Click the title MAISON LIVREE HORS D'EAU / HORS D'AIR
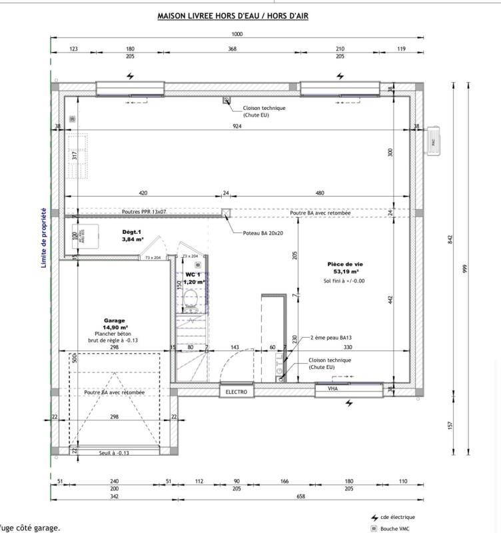233,15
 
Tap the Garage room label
115,320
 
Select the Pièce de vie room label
344,264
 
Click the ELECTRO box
237,392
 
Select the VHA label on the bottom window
333,389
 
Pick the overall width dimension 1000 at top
237,34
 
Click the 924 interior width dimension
237,127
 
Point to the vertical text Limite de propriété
44,238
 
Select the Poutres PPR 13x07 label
144,212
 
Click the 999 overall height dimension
466,268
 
